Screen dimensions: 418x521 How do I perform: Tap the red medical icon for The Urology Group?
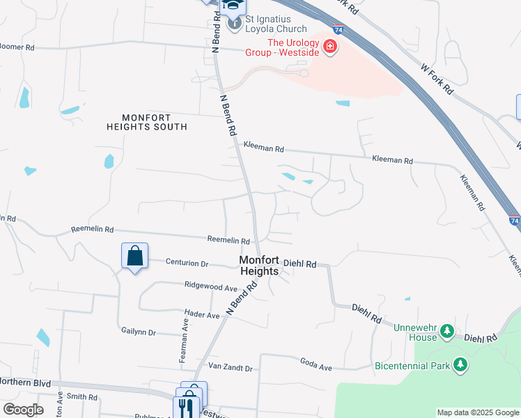coord(329,48)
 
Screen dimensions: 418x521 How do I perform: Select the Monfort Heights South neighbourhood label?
coord(147,122)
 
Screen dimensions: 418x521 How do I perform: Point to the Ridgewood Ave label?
coord(211,286)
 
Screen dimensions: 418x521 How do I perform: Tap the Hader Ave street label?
coord(202,315)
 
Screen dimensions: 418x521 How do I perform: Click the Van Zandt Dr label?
coord(231,367)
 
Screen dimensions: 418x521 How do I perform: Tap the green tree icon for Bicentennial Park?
coord(460,364)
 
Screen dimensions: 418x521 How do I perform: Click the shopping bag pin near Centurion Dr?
coord(134,256)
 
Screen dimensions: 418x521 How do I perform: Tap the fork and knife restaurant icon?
coord(186,407)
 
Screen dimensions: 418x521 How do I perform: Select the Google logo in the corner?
coord(23,410)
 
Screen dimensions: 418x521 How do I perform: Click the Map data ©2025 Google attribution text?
coord(479,412)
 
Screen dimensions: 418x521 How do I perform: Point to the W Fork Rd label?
coord(437,79)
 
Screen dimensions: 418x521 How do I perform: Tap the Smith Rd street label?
coord(82,396)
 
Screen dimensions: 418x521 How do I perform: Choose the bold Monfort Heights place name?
coord(259,265)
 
